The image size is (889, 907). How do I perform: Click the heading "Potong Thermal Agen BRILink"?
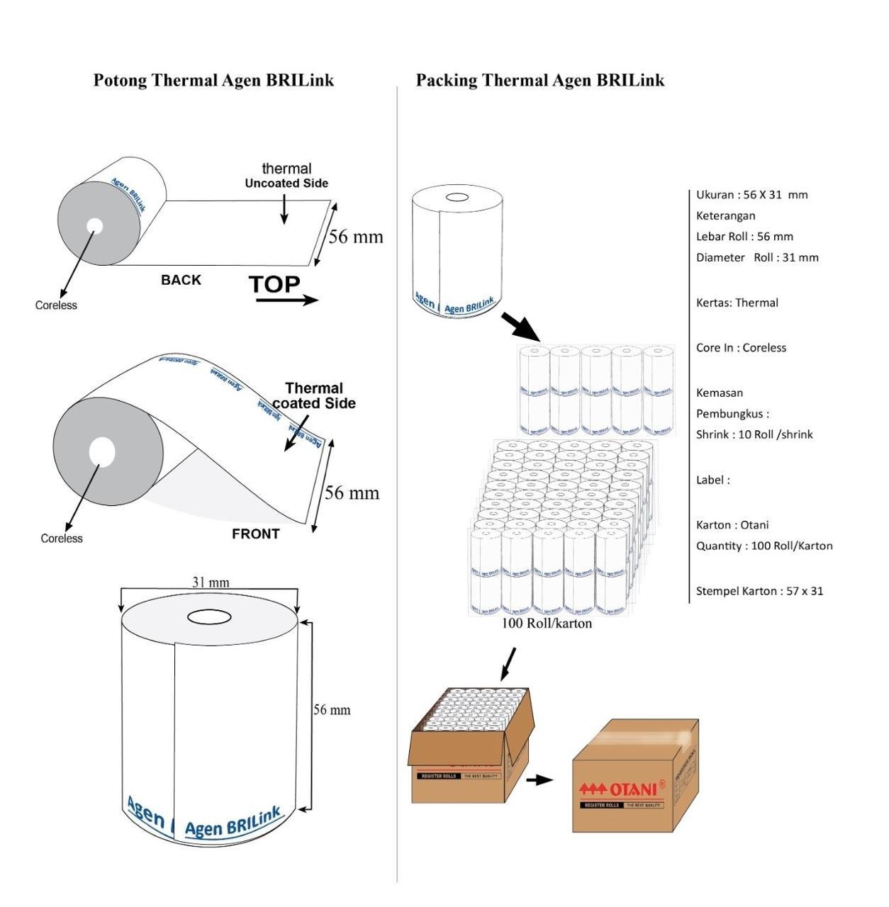213,80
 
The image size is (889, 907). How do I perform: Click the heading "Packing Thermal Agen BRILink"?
539,80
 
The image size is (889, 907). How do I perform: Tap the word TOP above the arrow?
274,284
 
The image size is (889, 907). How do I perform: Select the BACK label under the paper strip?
181,280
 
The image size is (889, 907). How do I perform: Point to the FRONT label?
255,534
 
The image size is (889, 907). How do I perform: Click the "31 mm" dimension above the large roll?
211,582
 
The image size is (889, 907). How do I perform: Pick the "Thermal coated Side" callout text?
314,395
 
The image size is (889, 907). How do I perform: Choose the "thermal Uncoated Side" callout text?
286,176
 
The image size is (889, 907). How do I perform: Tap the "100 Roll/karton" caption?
547,624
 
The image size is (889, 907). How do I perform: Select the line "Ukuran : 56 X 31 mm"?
751,195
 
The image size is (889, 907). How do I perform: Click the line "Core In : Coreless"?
741,348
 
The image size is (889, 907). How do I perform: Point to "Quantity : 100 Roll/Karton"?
764,546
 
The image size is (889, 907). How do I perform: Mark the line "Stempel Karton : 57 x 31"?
759,591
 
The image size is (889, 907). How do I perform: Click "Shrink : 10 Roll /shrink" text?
754,434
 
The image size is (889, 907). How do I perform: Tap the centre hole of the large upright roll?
209,616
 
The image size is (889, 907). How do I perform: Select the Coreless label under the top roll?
56,305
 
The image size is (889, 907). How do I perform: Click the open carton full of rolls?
471,744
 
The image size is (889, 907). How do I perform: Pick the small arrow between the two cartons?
539,780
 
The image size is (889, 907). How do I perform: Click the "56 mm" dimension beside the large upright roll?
332,710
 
